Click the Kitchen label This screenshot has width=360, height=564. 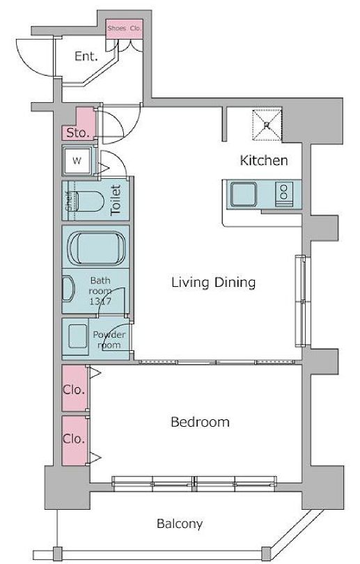pyautogui.click(x=264, y=160)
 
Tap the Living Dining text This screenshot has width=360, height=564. pyautogui.click(x=214, y=283)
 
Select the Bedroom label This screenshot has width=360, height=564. pyautogui.click(x=200, y=421)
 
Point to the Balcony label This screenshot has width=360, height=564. pyautogui.click(x=180, y=524)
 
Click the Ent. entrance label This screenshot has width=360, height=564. pyautogui.click(x=86, y=56)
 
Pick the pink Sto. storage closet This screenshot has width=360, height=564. pyautogui.click(x=80, y=125)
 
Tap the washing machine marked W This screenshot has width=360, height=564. pyautogui.click(x=77, y=160)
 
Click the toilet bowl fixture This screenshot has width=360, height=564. pyautogui.click(x=91, y=201)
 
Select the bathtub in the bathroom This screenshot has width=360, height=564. pyautogui.click(x=96, y=249)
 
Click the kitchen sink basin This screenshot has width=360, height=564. pyautogui.click(x=244, y=194)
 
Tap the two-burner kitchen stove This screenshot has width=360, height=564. pyautogui.click(x=284, y=194)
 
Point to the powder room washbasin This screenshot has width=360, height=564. pyautogui.click(x=78, y=336)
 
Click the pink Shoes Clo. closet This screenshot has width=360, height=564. pyautogui.click(x=125, y=29)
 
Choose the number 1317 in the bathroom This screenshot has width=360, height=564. pyautogui.click(x=100, y=301)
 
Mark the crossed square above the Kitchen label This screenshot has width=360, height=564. pyautogui.click(x=267, y=125)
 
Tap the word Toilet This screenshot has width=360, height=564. pyautogui.click(x=116, y=200)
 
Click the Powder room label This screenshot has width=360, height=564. pyautogui.click(x=109, y=340)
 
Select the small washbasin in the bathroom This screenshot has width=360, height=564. pyautogui.click(x=68, y=288)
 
